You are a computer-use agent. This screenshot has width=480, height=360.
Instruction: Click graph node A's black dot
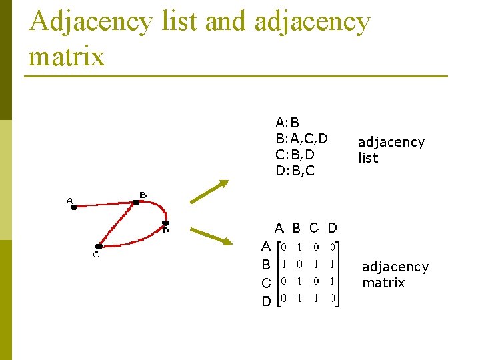tap(74, 207)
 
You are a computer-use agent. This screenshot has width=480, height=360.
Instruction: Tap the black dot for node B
tap(136, 202)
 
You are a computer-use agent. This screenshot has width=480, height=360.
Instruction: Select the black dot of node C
tap(99, 246)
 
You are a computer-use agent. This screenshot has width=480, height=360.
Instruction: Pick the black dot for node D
tap(165, 223)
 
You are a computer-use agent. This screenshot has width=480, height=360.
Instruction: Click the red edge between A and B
tap(105, 205)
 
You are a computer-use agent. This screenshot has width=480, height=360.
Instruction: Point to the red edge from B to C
tap(117, 224)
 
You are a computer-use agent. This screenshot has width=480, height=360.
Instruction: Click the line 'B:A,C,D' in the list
tap(301, 139)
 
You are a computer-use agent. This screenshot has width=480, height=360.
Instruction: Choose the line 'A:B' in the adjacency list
tap(287, 123)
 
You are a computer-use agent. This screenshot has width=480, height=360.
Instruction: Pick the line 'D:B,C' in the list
tap(295, 171)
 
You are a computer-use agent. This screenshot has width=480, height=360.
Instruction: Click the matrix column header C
tap(315, 228)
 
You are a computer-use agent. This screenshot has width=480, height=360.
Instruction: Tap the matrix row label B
tap(266, 265)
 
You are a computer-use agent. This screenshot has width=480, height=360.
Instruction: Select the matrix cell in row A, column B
tap(300, 247)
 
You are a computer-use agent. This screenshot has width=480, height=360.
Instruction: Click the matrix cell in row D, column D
tap(332, 299)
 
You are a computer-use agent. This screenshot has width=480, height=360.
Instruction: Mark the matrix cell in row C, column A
tap(283, 281)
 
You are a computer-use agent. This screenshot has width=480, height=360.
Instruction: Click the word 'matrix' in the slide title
tap(67, 56)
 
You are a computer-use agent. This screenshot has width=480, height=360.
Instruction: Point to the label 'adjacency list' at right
tap(391, 150)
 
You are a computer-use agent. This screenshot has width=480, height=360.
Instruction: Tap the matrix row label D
tap(266, 301)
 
